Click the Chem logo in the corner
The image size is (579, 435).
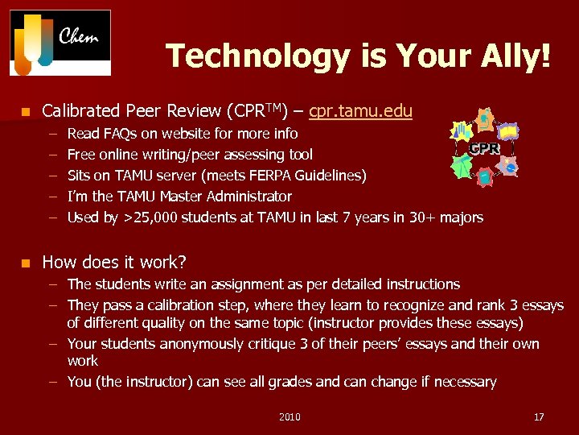point(60,43)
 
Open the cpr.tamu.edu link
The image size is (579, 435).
point(360,111)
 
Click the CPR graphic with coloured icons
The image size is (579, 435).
point(484,145)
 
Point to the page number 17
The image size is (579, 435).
point(539,416)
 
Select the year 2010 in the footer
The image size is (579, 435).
point(289,416)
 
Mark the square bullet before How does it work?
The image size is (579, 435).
point(26,263)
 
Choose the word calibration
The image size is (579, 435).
point(179,305)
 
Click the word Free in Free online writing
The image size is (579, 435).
point(81,154)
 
